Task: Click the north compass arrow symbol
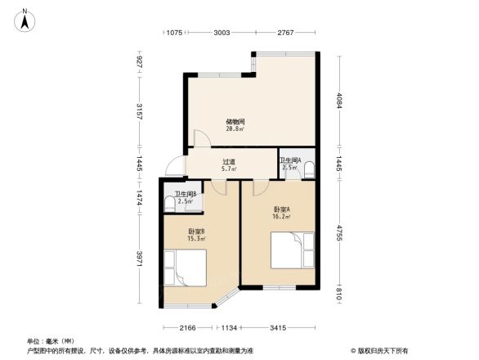click(26, 19)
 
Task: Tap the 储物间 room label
click(235, 121)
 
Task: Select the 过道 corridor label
click(229, 162)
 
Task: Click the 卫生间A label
click(290, 160)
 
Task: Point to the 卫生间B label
click(185, 194)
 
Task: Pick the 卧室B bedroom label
click(196, 231)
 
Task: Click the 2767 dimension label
click(284, 32)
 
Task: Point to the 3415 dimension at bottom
click(279, 328)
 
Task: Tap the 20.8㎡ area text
click(235, 128)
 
